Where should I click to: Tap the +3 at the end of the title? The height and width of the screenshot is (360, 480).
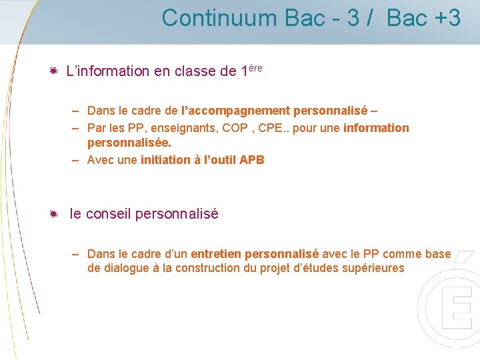(x=446, y=18)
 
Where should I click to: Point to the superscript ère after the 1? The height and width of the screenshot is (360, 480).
(x=254, y=67)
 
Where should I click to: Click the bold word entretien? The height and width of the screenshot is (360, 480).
(x=216, y=254)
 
